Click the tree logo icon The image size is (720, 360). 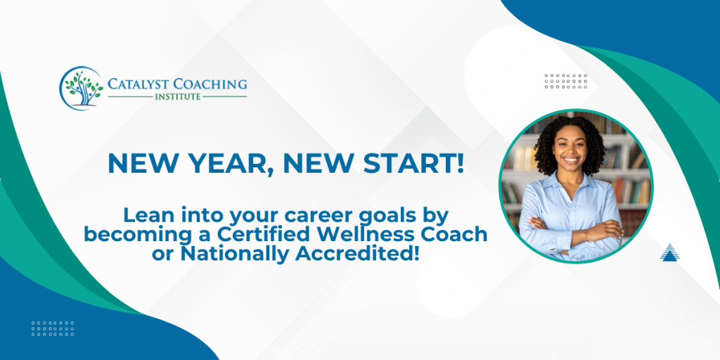[81, 87]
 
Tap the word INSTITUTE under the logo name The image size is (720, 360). [179, 97]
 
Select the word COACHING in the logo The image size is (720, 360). [209, 85]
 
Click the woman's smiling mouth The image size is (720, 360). [569, 160]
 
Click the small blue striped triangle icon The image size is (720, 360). [667, 252]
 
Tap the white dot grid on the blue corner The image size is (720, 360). [53, 328]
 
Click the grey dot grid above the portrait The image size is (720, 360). [566, 81]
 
